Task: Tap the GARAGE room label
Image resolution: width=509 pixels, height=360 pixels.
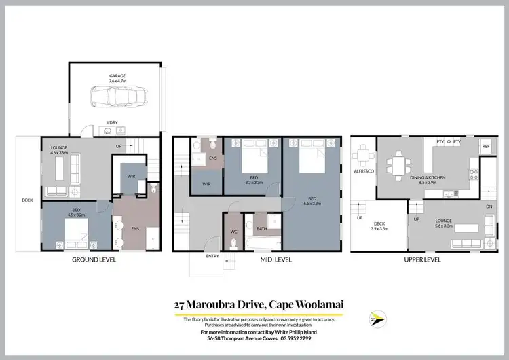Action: point(119,76)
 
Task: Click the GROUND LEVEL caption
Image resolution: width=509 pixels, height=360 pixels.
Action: point(94,259)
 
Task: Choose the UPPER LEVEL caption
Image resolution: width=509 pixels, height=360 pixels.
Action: point(422,259)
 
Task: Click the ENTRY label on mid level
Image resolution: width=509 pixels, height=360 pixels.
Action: point(212,257)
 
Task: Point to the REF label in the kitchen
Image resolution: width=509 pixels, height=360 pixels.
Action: point(485,147)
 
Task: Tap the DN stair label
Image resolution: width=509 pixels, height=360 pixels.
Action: point(489,207)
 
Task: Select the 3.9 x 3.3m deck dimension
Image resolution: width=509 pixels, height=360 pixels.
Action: point(379,229)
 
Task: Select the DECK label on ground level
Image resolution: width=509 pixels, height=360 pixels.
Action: point(27,200)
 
